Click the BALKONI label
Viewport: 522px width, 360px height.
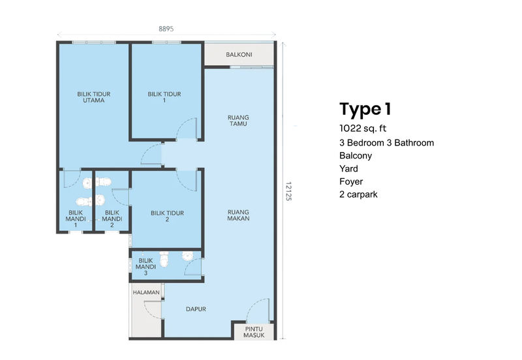point(239,55)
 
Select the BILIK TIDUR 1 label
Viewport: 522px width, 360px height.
point(164,97)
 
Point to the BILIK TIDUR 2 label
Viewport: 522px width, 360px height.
point(167,216)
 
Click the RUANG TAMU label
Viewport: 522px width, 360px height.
point(238,121)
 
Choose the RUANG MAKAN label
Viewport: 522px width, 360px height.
point(238,216)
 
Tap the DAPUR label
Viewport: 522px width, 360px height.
point(196,309)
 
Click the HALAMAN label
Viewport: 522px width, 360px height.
point(146,293)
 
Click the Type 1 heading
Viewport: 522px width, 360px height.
point(365,108)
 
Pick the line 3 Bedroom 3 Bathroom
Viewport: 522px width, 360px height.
point(386,143)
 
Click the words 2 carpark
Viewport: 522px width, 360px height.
point(358,194)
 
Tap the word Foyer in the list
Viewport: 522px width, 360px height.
point(351,181)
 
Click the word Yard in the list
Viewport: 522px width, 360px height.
point(349,168)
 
